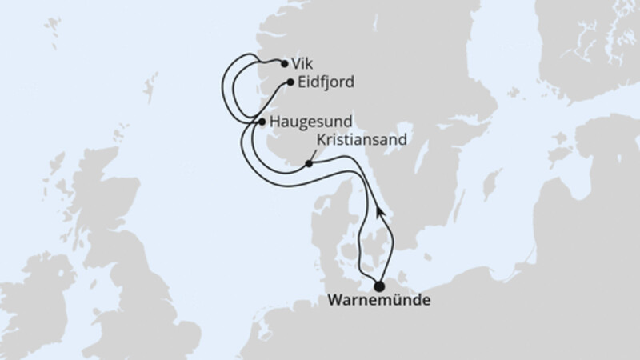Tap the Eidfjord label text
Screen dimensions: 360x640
pos(325,82)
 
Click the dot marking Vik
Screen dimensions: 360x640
pos(284,62)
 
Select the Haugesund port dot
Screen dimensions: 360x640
pos(262,122)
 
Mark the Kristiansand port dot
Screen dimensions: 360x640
pos(308,163)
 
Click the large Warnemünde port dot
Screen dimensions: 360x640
pos(379,286)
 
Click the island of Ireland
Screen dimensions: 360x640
pos(36,296)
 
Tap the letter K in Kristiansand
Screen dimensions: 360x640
pos(322,139)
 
